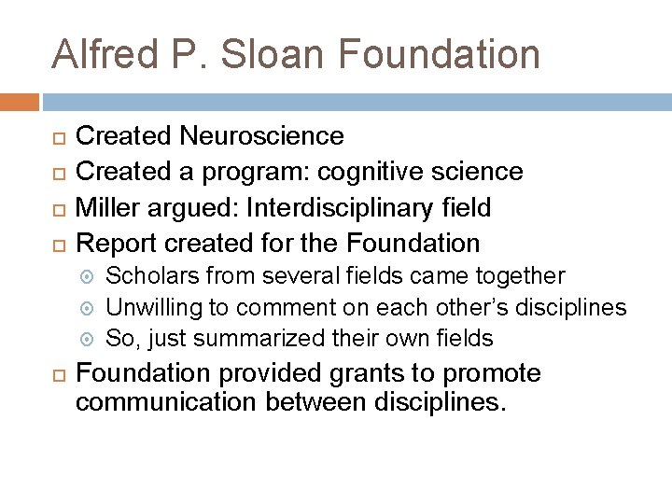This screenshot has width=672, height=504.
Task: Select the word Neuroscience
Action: pyautogui.click(x=263, y=136)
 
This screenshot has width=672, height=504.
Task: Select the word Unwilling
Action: pyautogui.click(x=152, y=307)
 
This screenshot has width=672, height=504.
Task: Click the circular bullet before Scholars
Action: pyautogui.click(x=90, y=277)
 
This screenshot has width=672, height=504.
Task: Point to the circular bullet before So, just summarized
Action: pyautogui.click(x=90, y=339)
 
